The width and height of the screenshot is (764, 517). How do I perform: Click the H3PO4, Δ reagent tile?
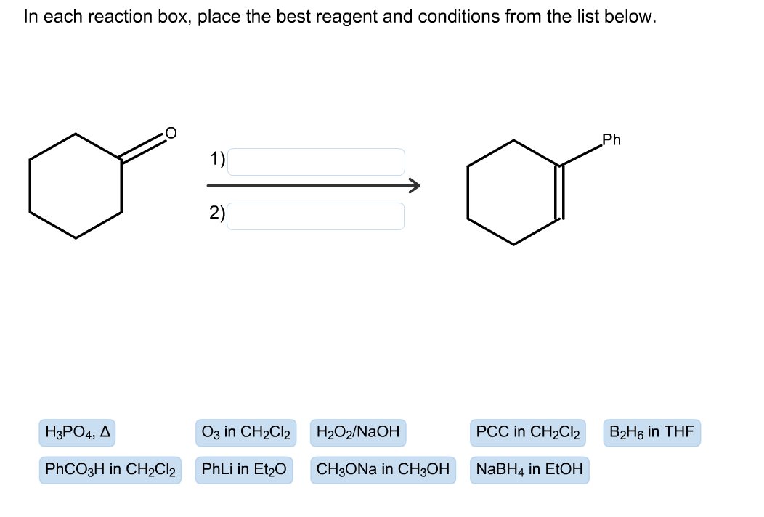(x=77, y=433)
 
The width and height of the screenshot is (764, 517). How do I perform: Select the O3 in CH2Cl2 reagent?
(x=245, y=433)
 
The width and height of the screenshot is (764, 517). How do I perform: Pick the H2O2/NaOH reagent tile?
(x=358, y=433)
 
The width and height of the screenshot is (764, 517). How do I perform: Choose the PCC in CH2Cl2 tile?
(x=528, y=433)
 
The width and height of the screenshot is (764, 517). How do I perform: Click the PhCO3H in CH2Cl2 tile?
(x=110, y=470)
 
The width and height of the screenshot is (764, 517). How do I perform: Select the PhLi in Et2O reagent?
(x=244, y=470)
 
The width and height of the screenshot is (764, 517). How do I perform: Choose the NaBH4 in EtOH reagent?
(x=529, y=470)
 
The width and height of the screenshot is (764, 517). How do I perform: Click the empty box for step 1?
(x=316, y=162)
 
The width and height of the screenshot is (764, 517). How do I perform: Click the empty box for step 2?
(x=316, y=216)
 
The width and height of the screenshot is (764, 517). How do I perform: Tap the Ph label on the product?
(x=611, y=140)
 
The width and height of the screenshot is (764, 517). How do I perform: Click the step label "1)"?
(x=217, y=159)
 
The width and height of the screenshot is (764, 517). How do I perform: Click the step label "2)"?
(x=217, y=213)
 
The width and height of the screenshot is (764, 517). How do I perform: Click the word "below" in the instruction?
(x=633, y=17)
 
